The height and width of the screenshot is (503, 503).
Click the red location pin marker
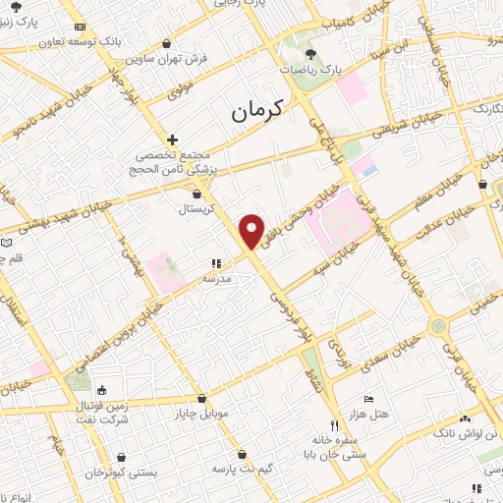coord(253,230)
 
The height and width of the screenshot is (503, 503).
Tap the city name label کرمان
coord(256,110)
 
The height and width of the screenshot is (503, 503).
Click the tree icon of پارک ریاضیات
coord(311,53)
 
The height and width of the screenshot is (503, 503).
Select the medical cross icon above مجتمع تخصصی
coord(172,140)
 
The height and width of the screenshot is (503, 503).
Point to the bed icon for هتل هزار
coord(368,399)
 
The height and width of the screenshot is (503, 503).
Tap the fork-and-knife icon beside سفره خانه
coord(334,425)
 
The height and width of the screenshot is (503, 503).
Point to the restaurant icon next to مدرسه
coord(216,263)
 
